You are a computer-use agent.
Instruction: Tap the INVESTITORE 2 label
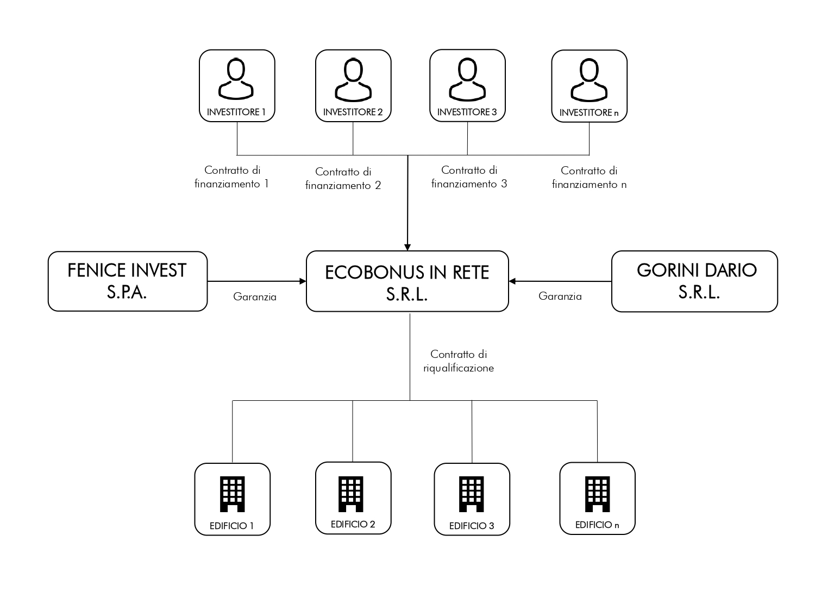coord(353,112)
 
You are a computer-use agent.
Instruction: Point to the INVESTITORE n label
coord(590,113)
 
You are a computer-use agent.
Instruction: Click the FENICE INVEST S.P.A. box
coord(128,281)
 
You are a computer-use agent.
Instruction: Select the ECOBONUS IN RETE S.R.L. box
coord(407,281)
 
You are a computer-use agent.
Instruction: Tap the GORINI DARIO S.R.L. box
coord(695,281)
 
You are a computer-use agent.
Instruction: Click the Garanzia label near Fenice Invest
coord(255,297)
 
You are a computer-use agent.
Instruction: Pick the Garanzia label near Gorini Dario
coord(560,297)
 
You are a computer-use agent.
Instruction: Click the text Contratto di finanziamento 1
coord(232,177)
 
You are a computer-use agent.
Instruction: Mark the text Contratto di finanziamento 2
coord(343,179)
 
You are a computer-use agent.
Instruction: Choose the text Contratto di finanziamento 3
coord(469,177)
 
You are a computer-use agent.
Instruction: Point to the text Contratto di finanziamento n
coord(590,178)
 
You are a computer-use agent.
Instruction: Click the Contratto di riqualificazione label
coord(459,361)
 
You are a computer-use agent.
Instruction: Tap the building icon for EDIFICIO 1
coord(233,494)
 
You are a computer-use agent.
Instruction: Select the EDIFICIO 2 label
coord(353,524)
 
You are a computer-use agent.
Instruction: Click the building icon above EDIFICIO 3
coord(472,494)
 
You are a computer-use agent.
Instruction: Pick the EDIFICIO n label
coord(597,525)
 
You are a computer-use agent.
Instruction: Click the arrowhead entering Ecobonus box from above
coord(408,246)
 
